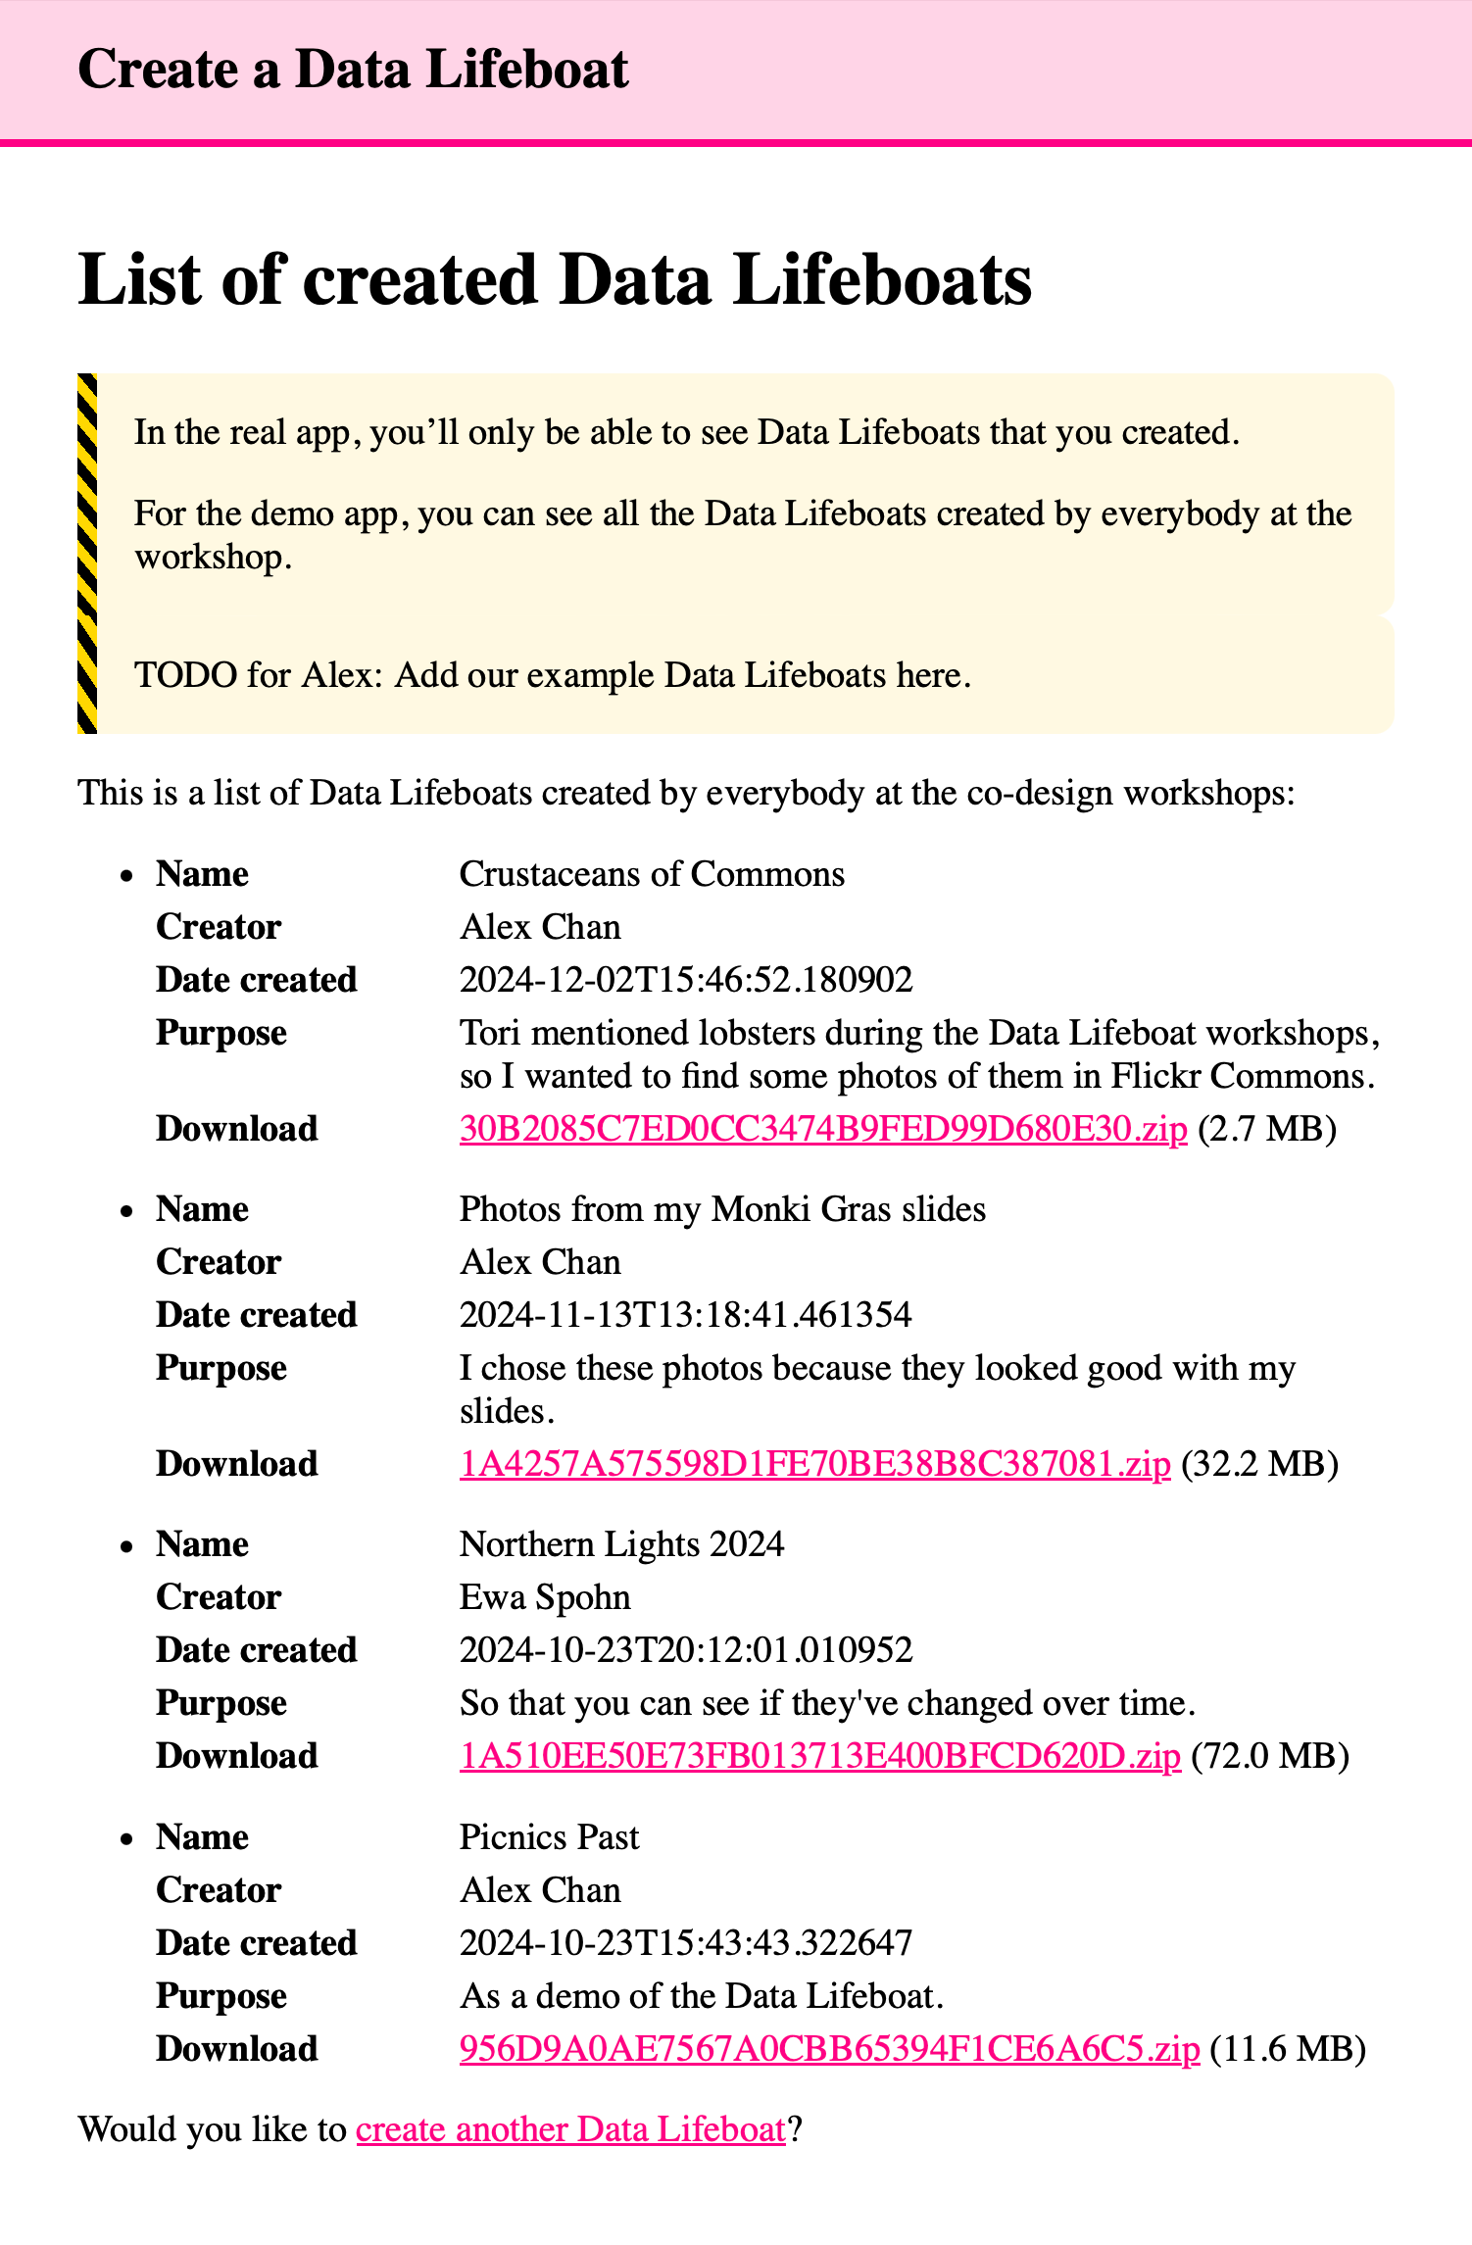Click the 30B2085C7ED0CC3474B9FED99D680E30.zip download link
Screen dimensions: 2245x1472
coord(823,1130)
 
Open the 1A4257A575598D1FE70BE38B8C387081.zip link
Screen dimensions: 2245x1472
coord(814,1465)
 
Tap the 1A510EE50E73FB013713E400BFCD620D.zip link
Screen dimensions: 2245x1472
coord(819,1757)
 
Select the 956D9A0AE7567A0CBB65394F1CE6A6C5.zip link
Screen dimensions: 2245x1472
coord(829,2050)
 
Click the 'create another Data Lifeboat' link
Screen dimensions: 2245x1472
coord(570,2130)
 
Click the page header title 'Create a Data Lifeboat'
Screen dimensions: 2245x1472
coord(353,70)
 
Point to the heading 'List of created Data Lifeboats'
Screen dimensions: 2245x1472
coord(554,280)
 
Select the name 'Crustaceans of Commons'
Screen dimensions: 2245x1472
coord(652,874)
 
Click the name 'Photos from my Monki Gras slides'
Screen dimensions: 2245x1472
coord(722,1209)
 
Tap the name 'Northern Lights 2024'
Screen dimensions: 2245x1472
coord(621,1544)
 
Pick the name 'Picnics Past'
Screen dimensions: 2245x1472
coord(549,1837)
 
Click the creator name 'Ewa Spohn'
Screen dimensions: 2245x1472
coord(545,1597)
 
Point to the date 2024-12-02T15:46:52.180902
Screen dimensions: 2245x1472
coord(686,980)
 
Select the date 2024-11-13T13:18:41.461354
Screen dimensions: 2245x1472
coord(686,1315)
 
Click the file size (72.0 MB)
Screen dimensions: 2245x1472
coord(1270,1757)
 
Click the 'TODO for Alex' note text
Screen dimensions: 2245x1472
coord(553,676)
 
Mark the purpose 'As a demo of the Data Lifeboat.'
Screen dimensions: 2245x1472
coord(702,1997)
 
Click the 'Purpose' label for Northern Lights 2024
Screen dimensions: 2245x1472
coord(221,1704)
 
